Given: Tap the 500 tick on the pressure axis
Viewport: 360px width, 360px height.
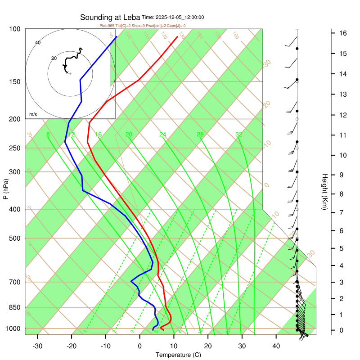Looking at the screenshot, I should [x=14, y=238].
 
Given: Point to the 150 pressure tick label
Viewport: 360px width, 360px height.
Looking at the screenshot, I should [x=14, y=81].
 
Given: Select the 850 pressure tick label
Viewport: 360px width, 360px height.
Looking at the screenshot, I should [x=14, y=307].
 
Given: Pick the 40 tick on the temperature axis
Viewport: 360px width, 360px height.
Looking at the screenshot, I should [x=276, y=346].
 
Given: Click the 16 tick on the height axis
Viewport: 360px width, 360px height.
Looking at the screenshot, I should [x=342, y=33].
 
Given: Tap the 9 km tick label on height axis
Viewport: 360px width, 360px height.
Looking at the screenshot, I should [x=342, y=175].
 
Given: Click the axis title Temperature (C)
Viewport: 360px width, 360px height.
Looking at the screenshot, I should [x=178, y=355].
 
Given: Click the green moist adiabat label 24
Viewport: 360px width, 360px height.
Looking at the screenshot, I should [x=163, y=135].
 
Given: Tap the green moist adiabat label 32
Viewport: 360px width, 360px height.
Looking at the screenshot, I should [x=239, y=135].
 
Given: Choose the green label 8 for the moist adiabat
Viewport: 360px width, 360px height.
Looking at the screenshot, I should [x=48, y=135].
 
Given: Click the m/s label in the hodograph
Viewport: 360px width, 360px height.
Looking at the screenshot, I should [x=33, y=115].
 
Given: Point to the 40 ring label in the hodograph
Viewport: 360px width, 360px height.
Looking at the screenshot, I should [x=38, y=43].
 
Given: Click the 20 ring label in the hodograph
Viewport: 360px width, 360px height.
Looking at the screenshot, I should [x=54, y=58].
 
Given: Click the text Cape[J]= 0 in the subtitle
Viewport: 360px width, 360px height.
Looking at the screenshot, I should [x=175, y=26].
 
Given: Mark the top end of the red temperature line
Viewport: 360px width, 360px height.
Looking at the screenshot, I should [x=177, y=37].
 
